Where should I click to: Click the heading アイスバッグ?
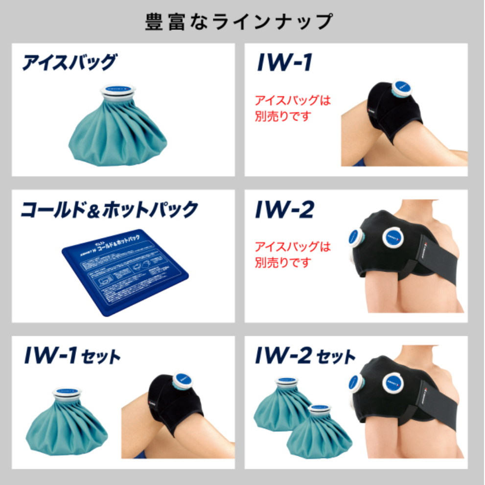(69, 63)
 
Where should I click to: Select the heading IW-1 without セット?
(284, 63)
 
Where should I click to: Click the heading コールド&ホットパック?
(109, 209)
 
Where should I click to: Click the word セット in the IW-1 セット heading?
(102, 357)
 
